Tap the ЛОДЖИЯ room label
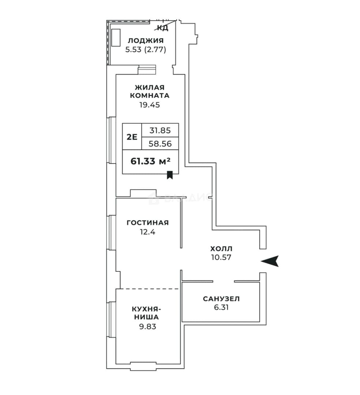[x=146, y=41]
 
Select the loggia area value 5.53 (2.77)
[x=146, y=50]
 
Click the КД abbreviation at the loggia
[x=163, y=28]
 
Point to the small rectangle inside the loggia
[x=116, y=38]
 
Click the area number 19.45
[x=150, y=105]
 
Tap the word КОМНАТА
[x=150, y=95]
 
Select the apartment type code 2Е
[x=132, y=137]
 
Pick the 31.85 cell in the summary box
[x=160, y=130]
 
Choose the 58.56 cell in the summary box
[x=160, y=144]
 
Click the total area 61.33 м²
[x=150, y=161]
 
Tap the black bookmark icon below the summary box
[x=170, y=175]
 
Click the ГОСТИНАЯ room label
[x=148, y=223]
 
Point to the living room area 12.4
[x=148, y=232]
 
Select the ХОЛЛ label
[x=221, y=249]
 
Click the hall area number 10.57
[x=221, y=257]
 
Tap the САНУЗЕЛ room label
[x=221, y=299]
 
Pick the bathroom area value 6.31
[x=221, y=307]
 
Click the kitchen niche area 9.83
[x=148, y=327]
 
